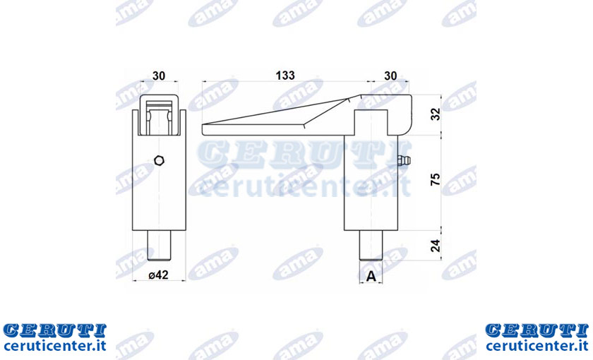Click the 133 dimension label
(285, 76)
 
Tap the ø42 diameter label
(158, 275)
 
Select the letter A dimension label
(371, 277)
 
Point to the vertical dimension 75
(436, 179)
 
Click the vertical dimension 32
(436, 114)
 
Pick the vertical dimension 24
(436, 246)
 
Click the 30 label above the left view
(159, 76)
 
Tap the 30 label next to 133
(390, 76)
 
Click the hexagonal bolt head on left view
(160, 160)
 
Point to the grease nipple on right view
(405, 160)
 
